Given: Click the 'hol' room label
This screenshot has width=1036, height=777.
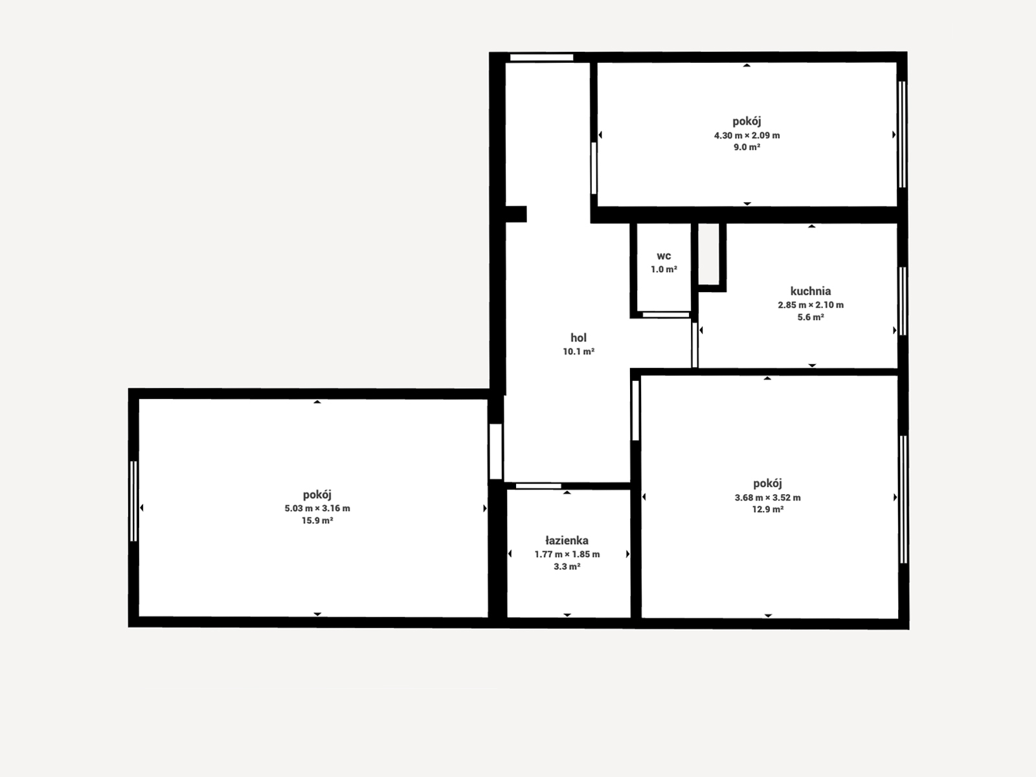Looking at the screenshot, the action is coord(578,337).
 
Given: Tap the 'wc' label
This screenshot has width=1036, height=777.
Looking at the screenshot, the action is coord(664,256).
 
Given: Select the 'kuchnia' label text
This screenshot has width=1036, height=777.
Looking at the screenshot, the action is coord(811,291).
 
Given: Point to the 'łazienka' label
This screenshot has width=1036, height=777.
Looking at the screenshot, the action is coord(567,540).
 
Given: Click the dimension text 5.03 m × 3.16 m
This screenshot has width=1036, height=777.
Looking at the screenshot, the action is coord(317,508).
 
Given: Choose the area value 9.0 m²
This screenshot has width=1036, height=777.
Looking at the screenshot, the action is coord(747,147).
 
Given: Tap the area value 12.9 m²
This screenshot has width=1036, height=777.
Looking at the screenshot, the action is coord(768,510).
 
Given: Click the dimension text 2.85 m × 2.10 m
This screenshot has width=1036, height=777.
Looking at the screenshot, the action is coord(811,305).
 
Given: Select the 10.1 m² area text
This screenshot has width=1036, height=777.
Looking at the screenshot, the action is coord(578,352).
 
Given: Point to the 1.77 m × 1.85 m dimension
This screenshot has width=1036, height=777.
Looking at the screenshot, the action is coord(567,554).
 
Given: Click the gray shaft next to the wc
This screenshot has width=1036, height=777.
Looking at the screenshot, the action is coord(708,254).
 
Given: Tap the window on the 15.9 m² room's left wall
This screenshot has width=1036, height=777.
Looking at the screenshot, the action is coord(133,501).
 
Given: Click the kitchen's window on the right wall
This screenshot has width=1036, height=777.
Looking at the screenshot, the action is coord(902,301).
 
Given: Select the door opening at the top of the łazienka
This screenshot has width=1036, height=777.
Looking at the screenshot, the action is coord(538,486).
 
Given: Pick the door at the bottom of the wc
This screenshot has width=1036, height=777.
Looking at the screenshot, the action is coord(666,315).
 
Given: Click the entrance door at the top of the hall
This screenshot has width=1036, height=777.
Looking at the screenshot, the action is coord(541,58).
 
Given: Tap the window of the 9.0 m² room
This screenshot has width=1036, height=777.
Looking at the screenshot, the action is coord(902,135).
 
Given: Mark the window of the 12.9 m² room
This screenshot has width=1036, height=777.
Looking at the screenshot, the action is coord(903,499).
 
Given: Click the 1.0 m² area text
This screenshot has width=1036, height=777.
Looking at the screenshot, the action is coord(664,269).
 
